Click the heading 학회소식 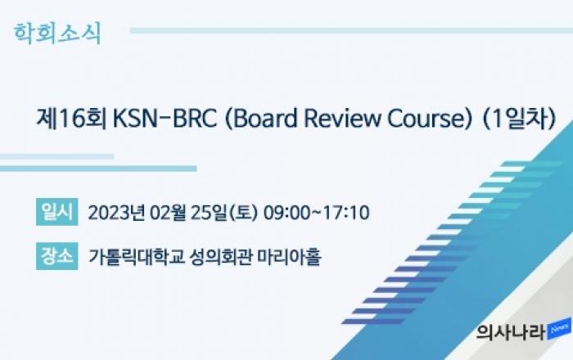[57, 34]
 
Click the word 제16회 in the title [71, 119]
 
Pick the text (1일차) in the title [519, 119]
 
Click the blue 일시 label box [57, 212]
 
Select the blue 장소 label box [57, 256]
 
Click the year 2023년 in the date [116, 213]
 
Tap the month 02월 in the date [169, 213]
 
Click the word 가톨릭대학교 [137, 257]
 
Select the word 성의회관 [221, 257]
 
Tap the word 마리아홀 [290, 257]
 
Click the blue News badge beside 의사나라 [559, 329]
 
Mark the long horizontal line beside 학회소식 [351, 30]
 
